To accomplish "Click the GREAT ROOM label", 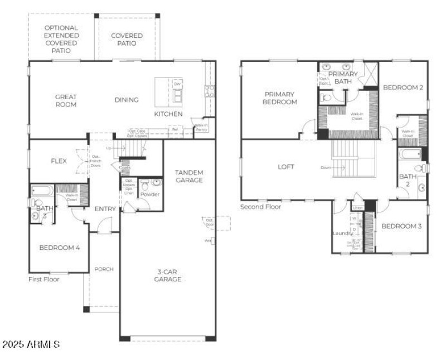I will [x=66, y=100].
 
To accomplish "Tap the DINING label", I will [x=127, y=100].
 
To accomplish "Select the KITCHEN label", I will [x=168, y=114].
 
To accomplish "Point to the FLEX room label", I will [x=59, y=161].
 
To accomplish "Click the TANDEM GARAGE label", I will [x=189, y=176].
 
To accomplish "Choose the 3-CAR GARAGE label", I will [x=167, y=275].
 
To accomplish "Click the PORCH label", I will [x=104, y=269].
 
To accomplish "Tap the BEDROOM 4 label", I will [x=60, y=247].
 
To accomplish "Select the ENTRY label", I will [x=105, y=209].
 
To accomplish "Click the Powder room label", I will [x=150, y=194].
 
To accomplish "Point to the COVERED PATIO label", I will [x=127, y=40].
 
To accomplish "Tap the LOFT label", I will [x=286, y=167].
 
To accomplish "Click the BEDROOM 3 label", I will [x=401, y=226].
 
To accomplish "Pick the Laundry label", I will [x=342, y=233].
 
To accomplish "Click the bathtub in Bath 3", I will [x=42, y=190].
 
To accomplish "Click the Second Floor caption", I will [x=261, y=207].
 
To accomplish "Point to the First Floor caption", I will [x=44, y=279].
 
